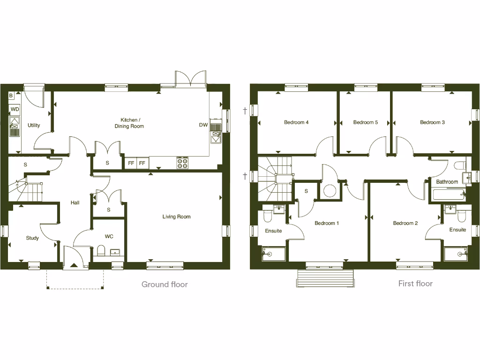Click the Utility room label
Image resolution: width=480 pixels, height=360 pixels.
34,126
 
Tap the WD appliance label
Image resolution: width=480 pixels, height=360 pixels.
15,110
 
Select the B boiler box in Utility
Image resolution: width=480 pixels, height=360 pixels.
11,96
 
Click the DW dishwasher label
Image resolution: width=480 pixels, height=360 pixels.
203,125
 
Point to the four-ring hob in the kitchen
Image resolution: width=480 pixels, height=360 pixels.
182,163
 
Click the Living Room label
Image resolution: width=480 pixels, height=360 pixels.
177,217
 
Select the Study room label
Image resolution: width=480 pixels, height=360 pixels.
32,238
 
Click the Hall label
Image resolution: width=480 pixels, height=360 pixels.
75,203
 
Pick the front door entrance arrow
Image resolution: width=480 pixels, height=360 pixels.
74,265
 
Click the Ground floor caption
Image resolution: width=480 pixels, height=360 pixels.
165,284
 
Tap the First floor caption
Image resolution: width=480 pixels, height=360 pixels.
415,284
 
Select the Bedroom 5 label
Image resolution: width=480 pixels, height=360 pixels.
366,122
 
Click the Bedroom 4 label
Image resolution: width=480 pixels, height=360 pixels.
296,122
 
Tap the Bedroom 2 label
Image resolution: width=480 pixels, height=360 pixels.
405,223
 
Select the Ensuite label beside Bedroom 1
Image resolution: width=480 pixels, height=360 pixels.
273,231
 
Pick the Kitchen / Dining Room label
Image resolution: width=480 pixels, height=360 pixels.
129,123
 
